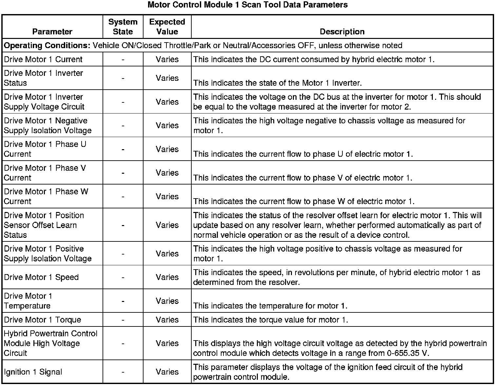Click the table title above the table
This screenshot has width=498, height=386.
click(247, 5)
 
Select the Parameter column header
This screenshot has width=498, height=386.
click(52, 32)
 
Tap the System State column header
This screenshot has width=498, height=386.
click(123, 27)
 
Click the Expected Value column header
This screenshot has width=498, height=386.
click(167, 27)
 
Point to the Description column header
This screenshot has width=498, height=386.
click(342, 32)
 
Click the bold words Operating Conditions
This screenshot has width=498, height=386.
click(47, 45)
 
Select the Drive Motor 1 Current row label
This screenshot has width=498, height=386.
click(43, 60)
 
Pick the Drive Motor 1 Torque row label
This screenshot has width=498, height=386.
click(42, 320)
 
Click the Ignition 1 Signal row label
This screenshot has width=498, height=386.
click(33, 372)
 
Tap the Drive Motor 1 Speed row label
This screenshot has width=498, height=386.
click(41, 277)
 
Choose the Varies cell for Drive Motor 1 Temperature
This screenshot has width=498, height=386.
click(167, 301)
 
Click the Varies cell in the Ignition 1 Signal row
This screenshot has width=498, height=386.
click(167, 372)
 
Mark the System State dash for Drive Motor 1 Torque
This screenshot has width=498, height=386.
click(123, 320)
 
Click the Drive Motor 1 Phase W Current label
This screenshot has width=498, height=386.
click(46, 196)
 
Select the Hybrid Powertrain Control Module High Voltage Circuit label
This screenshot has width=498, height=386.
click(50, 343)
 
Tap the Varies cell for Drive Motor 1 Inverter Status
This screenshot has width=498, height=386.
click(167, 78)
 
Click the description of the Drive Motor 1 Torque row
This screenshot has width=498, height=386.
click(271, 320)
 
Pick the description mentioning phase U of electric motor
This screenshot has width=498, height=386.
click(303, 154)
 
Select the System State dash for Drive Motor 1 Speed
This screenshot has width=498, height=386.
click(123, 277)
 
